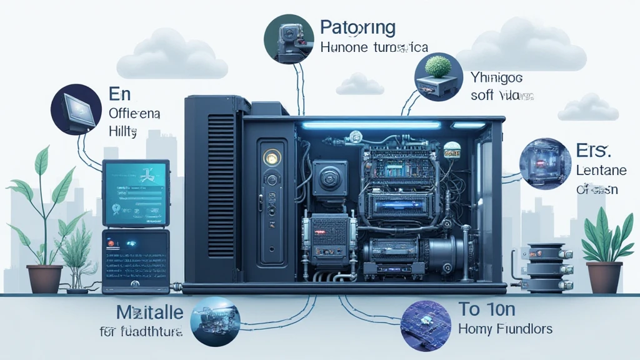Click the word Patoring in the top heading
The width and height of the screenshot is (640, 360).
pos(357,27)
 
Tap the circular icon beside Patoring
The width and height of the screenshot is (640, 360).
pos(288,39)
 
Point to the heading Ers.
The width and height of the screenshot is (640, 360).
pos(590,149)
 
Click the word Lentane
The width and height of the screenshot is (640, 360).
pos(596,171)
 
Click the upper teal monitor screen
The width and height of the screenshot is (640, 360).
pos(136,193)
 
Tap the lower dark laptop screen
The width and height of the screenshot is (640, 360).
pos(135,257)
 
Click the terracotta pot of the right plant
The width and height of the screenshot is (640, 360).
pos(604,276)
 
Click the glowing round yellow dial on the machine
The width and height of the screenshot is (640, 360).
pos(271,157)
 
